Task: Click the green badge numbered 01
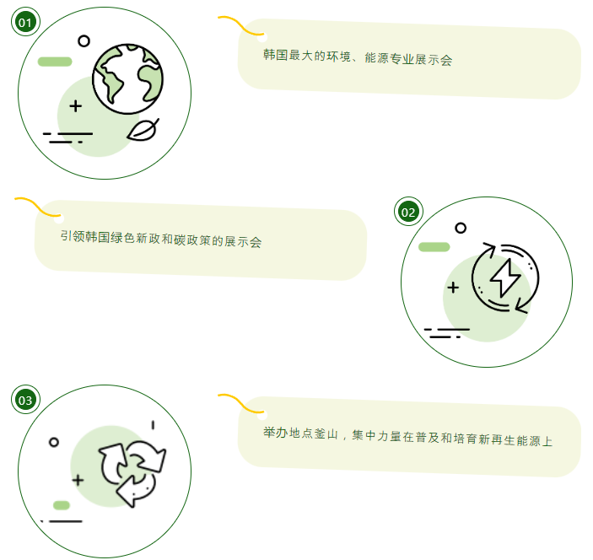click(x=25, y=23)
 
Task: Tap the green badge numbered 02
click(x=408, y=212)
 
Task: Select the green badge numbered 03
click(x=25, y=400)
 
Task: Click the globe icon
click(x=128, y=78)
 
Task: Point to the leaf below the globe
click(x=143, y=129)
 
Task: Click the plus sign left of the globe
click(x=76, y=106)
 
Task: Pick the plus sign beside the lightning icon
click(x=453, y=288)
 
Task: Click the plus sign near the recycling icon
click(x=78, y=481)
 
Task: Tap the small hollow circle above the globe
click(x=84, y=40)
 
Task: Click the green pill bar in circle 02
click(x=434, y=247)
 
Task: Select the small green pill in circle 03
click(x=61, y=505)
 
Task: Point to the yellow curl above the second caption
click(x=34, y=206)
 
